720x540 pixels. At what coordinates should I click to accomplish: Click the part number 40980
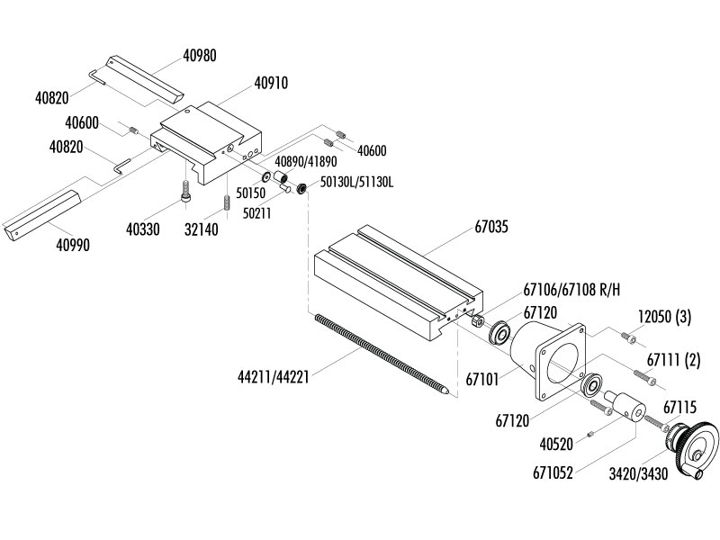[200, 55]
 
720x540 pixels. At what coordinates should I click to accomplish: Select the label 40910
[271, 83]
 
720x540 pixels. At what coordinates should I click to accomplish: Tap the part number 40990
[73, 245]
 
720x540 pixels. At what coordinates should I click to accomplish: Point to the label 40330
[143, 229]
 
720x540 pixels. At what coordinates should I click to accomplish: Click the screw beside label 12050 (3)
[630, 338]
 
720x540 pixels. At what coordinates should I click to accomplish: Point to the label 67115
[680, 408]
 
